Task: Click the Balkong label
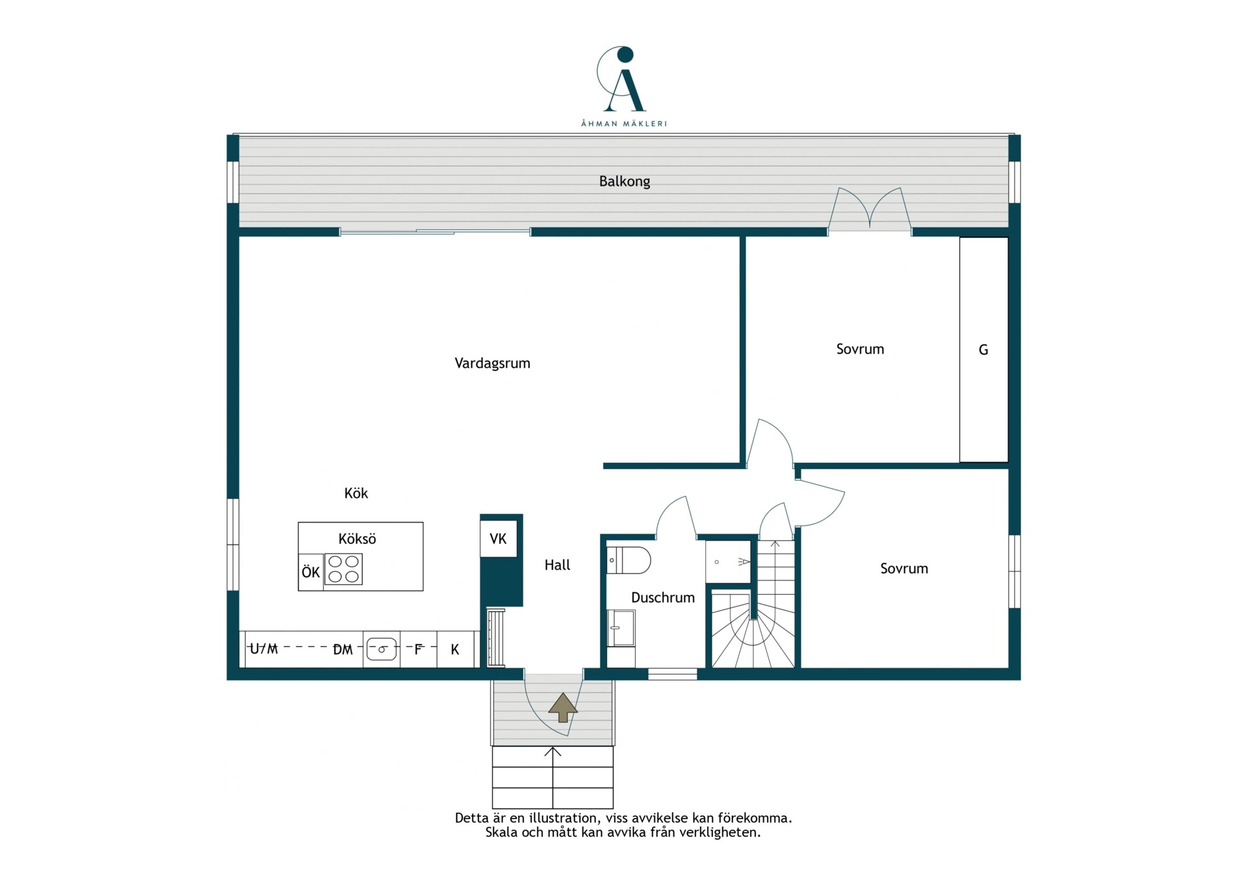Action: [x=624, y=181]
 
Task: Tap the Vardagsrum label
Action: [x=492, y=363]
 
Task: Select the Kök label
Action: [x=356, y=493]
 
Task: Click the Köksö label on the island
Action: [x=357, y=539]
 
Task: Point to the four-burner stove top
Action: [x=343, y=569]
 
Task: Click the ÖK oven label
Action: [x=311, y=572]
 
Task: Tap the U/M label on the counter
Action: [x=264, y=649]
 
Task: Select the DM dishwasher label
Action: [x=343, y=649]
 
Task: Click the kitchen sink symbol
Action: [x=382, y=649]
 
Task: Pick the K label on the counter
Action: [x=455, y=649]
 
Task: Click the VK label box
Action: [x=499, y=539]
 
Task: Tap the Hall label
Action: [x=557, y=565]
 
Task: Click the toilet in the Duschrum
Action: [x=629, y=560]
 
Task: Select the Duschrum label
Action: [x=663, y=597]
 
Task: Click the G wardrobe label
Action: [x=983, y=350]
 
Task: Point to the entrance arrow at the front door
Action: [x=562, y=707]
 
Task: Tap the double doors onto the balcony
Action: [x=870, y=209]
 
